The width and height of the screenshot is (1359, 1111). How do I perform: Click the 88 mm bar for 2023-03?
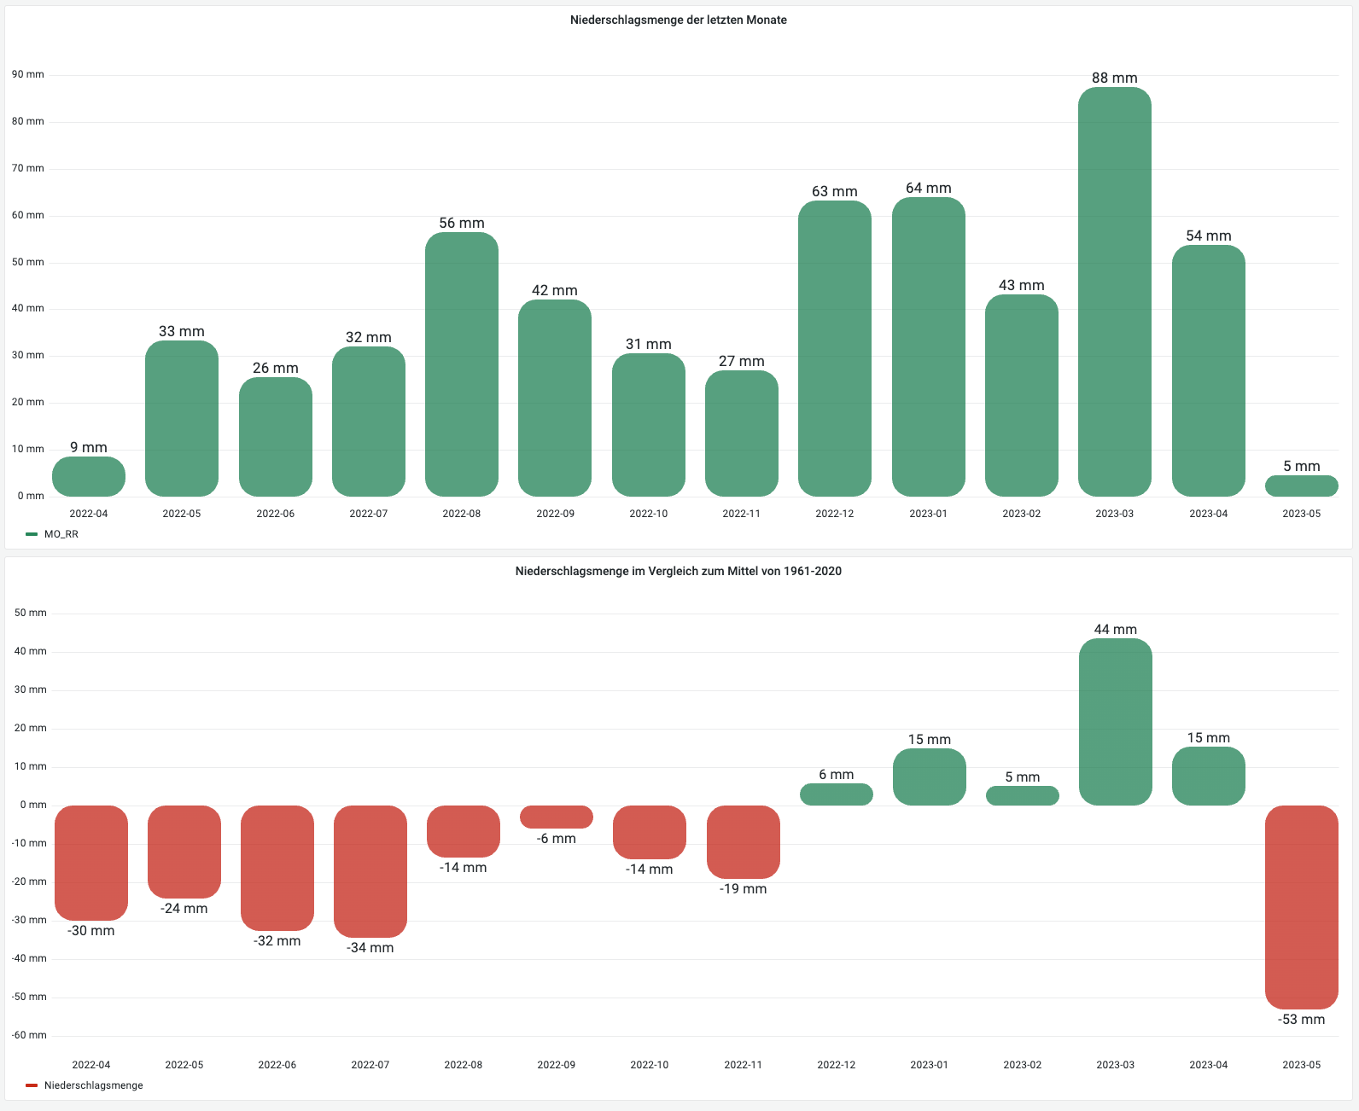tap(1114, 290)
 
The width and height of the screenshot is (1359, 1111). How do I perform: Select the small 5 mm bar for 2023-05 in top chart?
tap(1301, 486)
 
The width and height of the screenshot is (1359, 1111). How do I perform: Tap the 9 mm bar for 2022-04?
tap(89, 476)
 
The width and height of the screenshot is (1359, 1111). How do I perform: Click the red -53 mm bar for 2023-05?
tap(1301, 906)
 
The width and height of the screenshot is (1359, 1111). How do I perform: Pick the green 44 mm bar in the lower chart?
tap(1115, 721)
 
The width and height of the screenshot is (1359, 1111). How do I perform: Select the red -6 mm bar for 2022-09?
tap(556, 817)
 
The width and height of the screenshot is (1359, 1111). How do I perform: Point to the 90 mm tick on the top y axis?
tap(28, 74)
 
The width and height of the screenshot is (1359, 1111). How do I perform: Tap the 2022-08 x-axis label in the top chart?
tap(462, 514)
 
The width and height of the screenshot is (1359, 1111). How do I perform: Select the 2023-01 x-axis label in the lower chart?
tap(929, 1065)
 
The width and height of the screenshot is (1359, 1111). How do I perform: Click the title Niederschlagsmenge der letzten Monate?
tap(679, 20)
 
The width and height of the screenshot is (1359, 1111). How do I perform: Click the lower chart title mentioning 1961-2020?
tap(679, 571)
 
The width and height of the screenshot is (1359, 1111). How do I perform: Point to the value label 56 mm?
tap(462, 223)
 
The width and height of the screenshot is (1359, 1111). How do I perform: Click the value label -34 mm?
tap(370, 948)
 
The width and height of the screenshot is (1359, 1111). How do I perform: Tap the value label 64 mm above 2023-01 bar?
tap(928, 188)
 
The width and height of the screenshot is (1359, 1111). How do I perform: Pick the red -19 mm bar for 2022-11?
tap(743, 841)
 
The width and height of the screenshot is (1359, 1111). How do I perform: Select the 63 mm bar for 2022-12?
tap(835, 348)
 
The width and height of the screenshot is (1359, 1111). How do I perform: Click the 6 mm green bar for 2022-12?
tap(836, 794)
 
